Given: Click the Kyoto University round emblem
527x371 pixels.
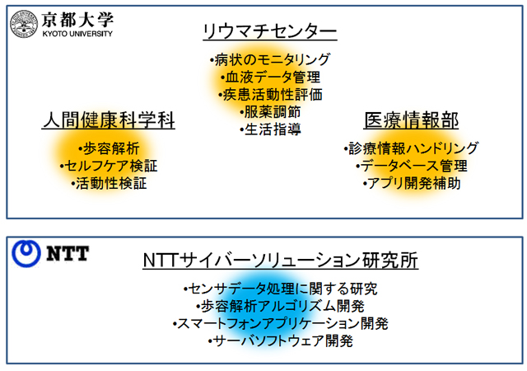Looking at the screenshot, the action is point(24,24).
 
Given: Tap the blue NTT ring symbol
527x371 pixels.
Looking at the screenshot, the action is point(26,253).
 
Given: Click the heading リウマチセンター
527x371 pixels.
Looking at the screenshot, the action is point(270,31).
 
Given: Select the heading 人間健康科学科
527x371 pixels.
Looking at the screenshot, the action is point(109,120).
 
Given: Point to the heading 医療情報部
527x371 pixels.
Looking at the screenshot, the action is point(412,120).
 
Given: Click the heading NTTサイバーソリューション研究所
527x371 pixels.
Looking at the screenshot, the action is point(280,261).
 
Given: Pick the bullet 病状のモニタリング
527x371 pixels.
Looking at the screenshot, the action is point(270,60).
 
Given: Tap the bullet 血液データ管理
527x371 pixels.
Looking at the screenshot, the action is point(271,77).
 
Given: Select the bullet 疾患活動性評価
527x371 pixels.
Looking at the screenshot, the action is point(271,95).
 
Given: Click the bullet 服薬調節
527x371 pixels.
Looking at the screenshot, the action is point(270,112).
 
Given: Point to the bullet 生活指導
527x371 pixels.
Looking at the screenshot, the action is point(271,129).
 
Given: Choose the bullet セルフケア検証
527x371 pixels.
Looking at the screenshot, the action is point(109,166).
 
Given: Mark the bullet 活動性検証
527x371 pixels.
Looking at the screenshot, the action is point(109,184).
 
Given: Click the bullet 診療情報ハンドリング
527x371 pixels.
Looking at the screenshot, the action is point(411,148).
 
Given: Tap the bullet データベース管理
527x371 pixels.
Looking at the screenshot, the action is point(412,166).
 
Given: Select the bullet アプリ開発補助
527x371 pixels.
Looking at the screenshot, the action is point(412,184).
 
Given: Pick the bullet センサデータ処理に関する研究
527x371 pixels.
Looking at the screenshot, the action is point(280,289).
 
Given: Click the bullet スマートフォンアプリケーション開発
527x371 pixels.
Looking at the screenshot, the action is point(280,323).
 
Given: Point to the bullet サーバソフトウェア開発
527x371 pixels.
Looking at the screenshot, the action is point(280,341).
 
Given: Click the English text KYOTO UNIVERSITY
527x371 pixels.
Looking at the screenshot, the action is point(77,34).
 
